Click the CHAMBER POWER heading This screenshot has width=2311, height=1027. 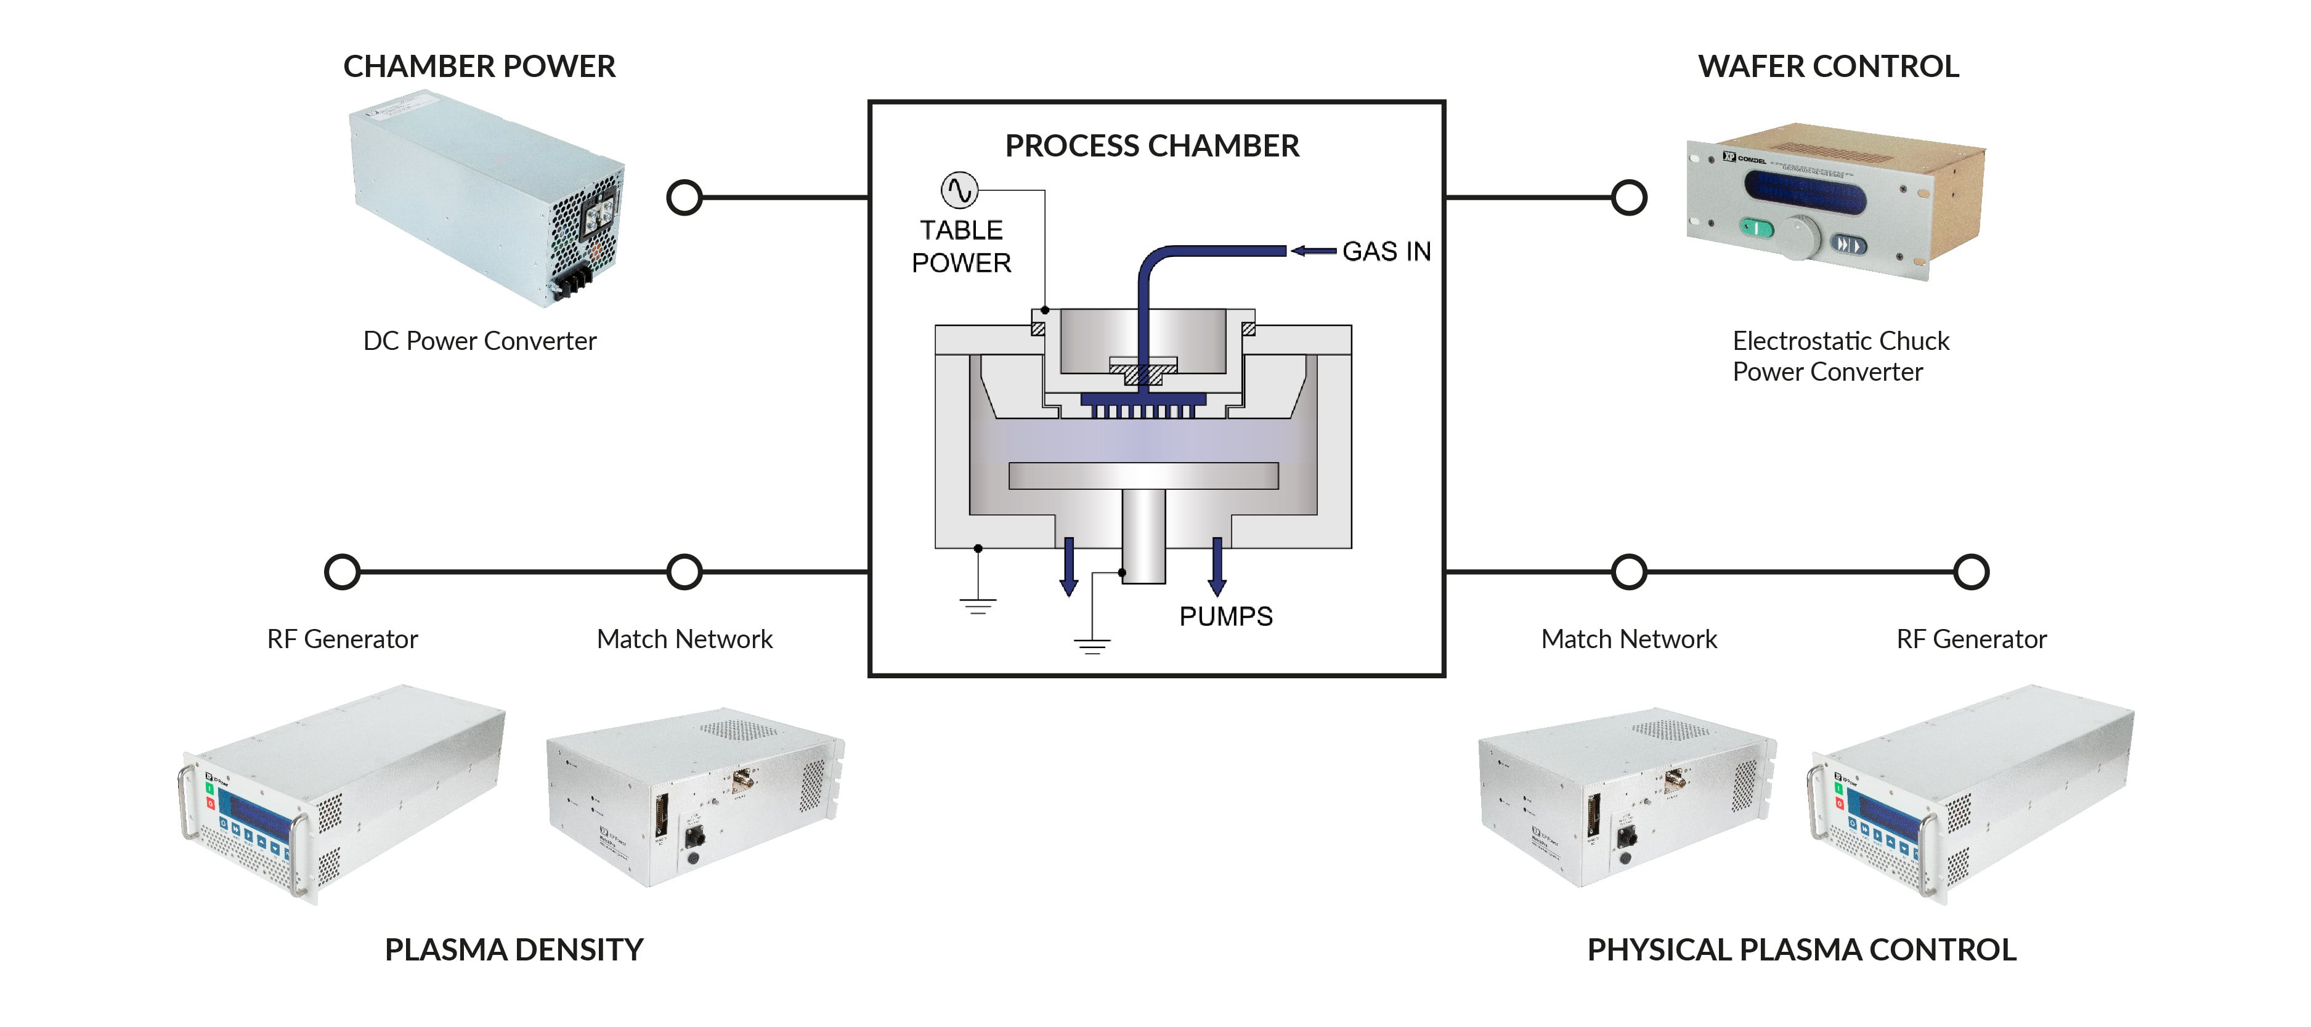click(479, 67)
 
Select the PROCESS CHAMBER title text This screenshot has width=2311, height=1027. click(1152, 145)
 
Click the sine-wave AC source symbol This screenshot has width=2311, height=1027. click(959, 190)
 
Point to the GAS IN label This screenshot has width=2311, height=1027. click(1386, 251)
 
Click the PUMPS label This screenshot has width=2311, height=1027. click(1225, 616)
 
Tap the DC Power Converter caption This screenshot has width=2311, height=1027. click(479, 341)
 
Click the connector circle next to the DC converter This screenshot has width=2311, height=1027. click(684, 197)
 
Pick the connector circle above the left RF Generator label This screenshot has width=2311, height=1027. click(342, 571)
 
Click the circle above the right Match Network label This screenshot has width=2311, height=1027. click(1629, 571)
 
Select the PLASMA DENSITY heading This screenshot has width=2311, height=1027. click(514, 949)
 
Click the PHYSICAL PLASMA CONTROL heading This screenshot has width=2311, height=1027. click(1801, 949)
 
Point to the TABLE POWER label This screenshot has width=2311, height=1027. click(961, 246)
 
